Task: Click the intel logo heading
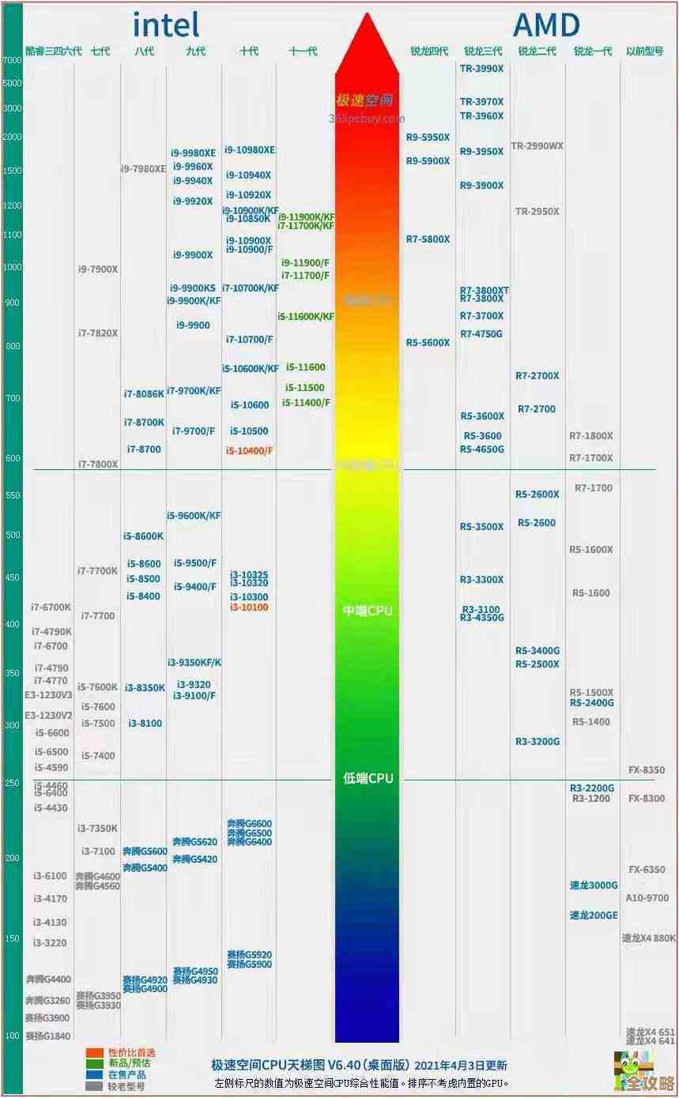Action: (x=166, y=25)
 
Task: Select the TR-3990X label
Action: (x=481, y=69)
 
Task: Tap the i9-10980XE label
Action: (x=250, y=150)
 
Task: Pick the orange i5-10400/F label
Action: (x=249, y=450)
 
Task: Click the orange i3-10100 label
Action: (x=249, y=607)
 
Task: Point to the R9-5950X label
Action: (x=428, y=137)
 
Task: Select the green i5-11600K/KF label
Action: (x=306, y=317)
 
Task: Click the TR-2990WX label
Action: (x=537, y=146)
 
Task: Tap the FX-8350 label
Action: (x=646, y=770)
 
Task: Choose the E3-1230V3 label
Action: (x=49, y=695)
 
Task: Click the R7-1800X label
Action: (x=590, y=436)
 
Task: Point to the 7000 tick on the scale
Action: (x=12, y=60)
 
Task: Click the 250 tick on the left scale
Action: (x=12, y=783)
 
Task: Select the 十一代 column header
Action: (x=304, y=51)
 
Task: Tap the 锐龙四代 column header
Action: (x=428, y=51)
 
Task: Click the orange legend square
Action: (x=94, y=1052)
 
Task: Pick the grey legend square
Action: (x=94, y=1086)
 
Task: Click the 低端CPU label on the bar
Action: (x=368, y=778)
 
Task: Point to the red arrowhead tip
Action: (x=367, y=14)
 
